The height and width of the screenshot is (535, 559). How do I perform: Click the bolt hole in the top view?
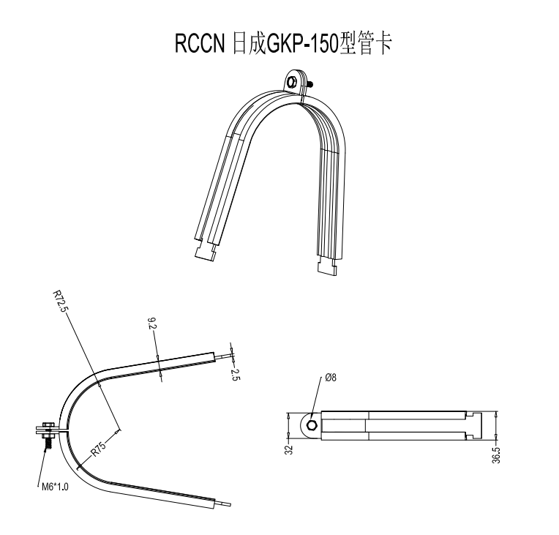point(312,426)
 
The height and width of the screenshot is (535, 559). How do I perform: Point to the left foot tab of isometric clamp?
point(205,251)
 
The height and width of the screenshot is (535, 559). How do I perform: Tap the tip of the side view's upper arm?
point(226,354)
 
